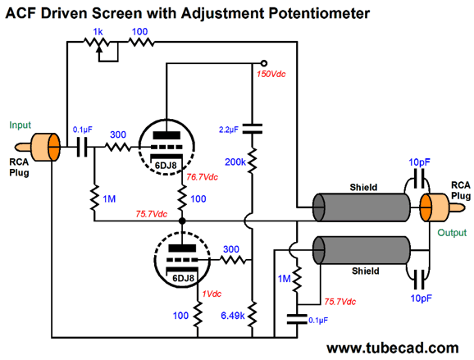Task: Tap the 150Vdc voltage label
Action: coord(271,74)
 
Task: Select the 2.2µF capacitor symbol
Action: coord(253,128)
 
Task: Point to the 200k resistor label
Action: coord(235,162)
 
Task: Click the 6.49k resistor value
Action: coord(232,316)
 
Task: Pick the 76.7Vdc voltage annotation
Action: coord(202,177)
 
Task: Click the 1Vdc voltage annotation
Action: coord(212,294)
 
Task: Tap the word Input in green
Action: coord(20,125)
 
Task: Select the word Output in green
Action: coord(452,233)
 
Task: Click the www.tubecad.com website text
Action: coord(392,348)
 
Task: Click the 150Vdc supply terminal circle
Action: coord(263,63)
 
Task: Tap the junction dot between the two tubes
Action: coord(182,221)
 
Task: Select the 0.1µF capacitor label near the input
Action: coord(82,130)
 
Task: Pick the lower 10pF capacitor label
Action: coord(421,298)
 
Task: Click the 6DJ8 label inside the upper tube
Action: coord(166,166)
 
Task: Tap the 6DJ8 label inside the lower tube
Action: coord(183,278)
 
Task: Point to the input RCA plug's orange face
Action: coord(54,148)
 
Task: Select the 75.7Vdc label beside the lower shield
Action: coord(340,302)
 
